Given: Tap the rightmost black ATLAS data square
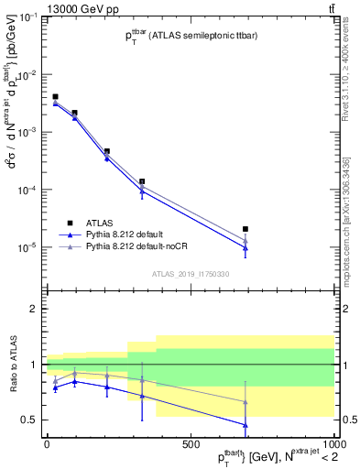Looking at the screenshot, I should click(245, 229).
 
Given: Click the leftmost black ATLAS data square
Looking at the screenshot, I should click(55, 96).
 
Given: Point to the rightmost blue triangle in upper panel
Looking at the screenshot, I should click(245, 248).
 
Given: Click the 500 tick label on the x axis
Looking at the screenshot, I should click(191, 444).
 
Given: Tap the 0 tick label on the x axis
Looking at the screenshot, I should click(47, 444).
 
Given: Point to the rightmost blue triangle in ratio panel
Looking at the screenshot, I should click(245, 424).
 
